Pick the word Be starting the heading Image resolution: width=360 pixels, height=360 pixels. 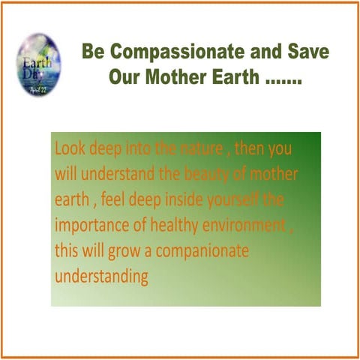pos(94,54)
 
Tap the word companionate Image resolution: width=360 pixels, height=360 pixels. pos(200,252)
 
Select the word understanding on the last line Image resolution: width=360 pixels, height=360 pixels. pos(100,277)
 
